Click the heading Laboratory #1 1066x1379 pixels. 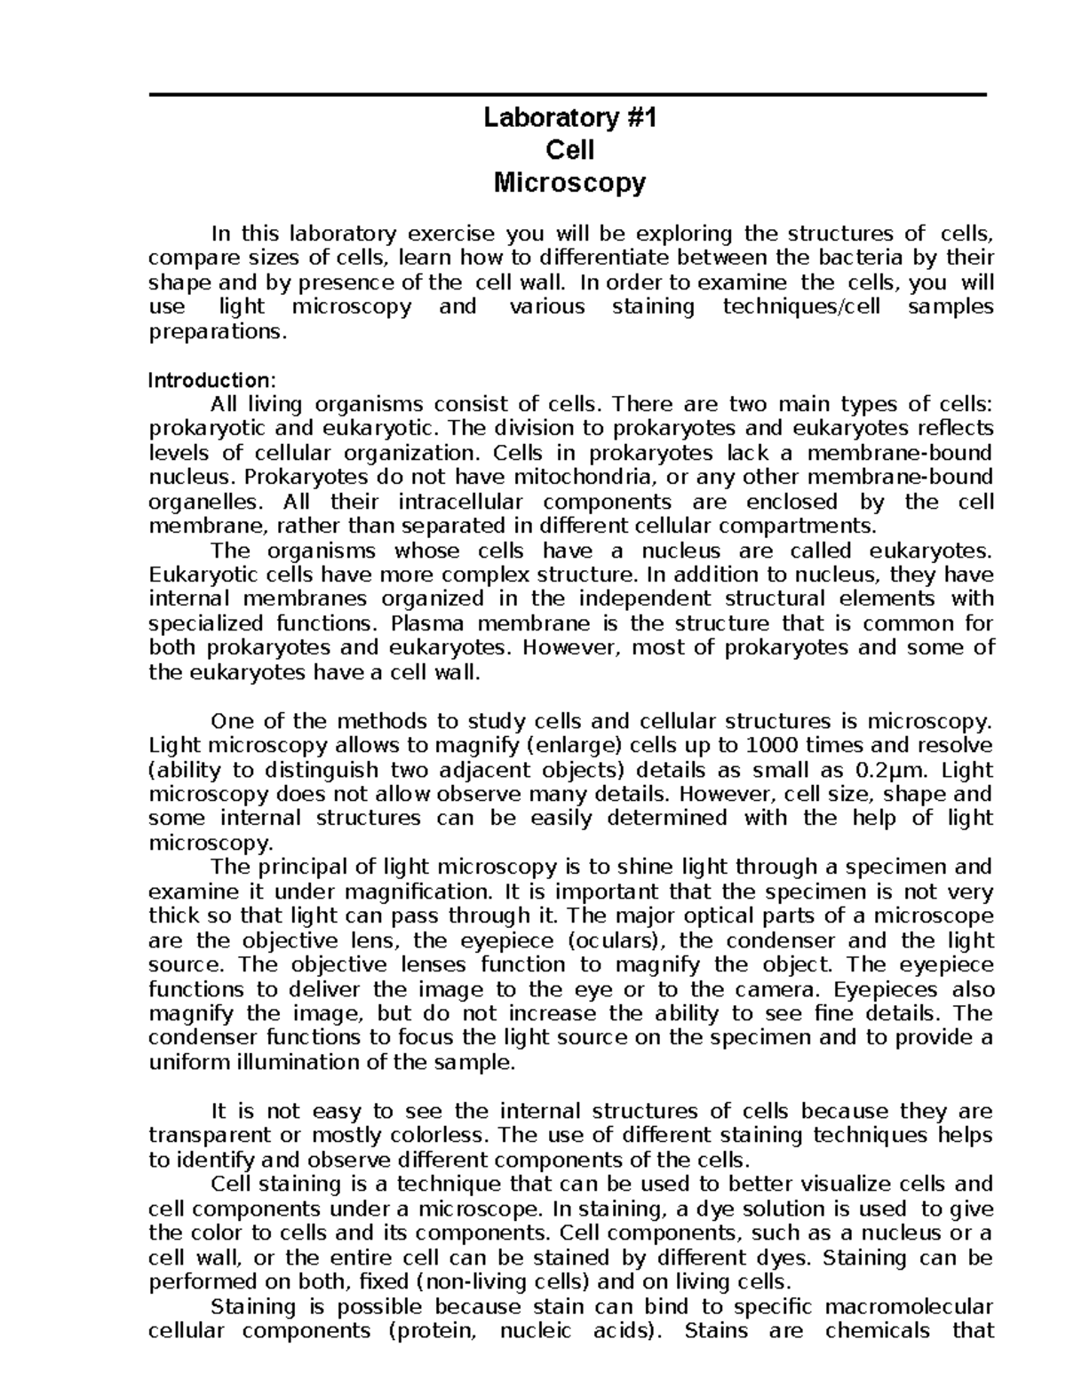click(569, 118)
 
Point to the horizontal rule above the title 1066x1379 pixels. click(568, 95)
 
